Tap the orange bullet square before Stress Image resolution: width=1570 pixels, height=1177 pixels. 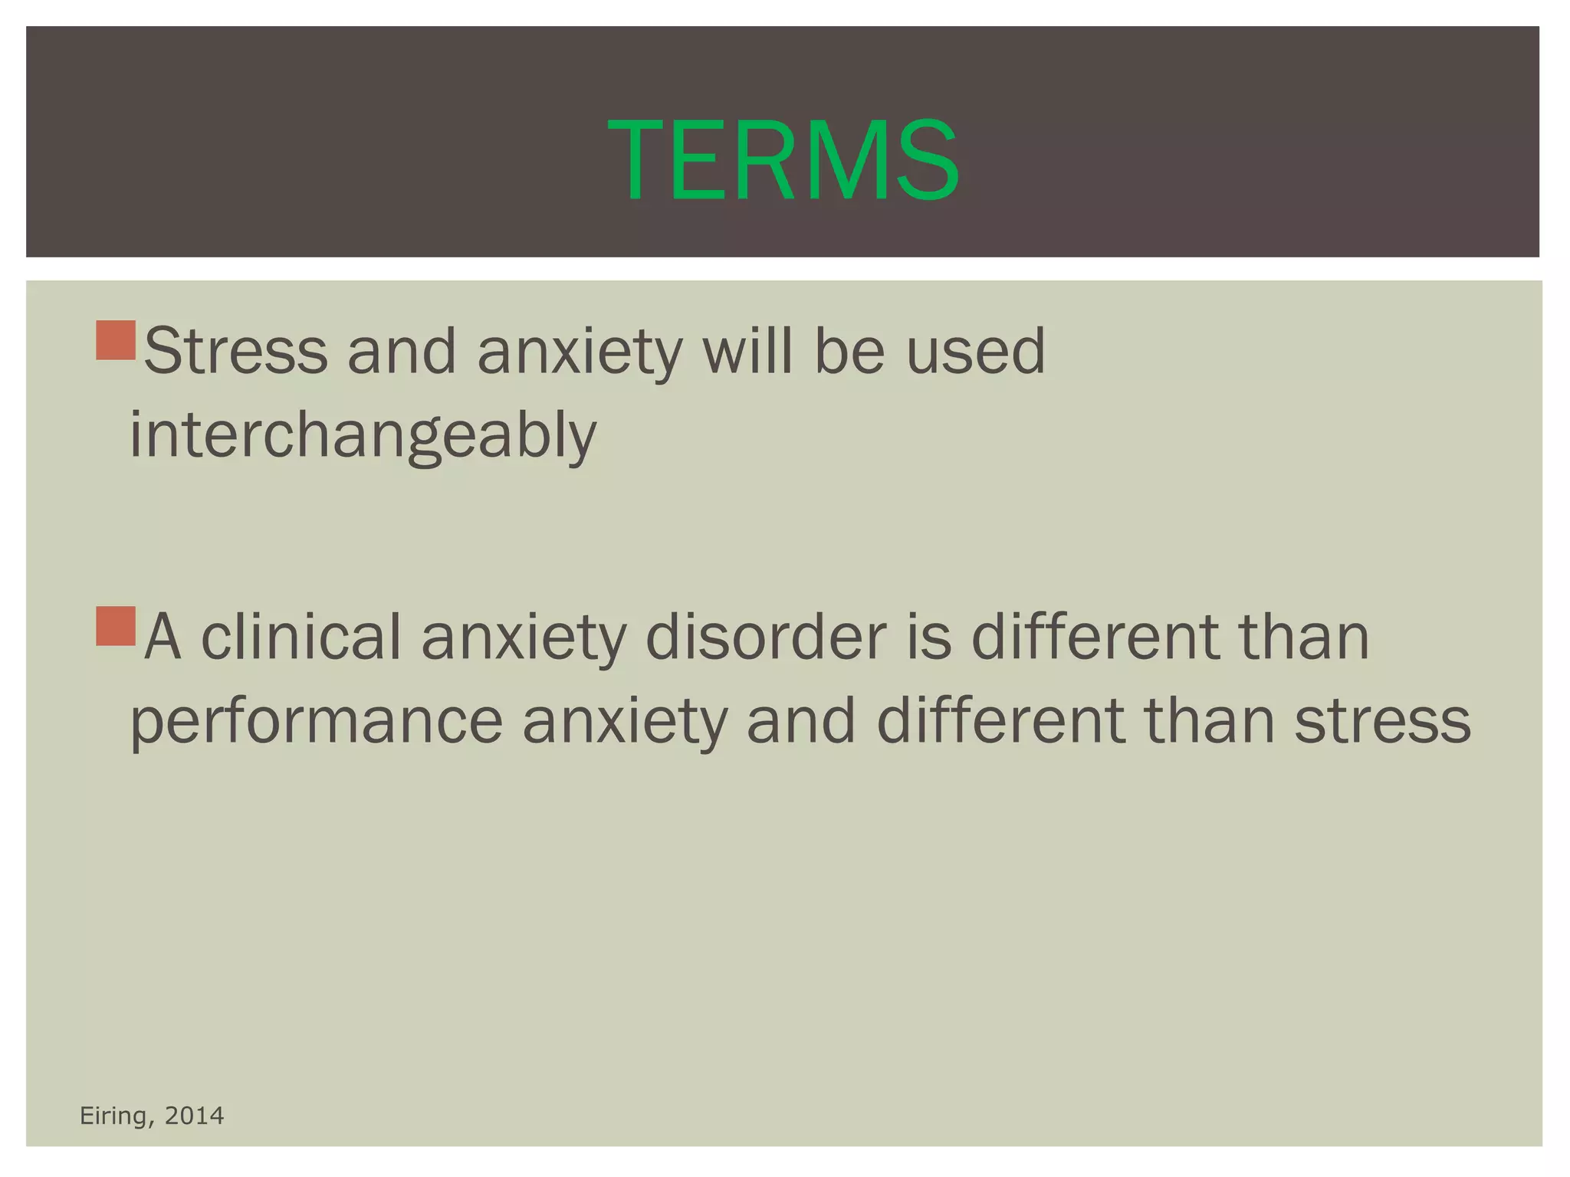tap(116, 341)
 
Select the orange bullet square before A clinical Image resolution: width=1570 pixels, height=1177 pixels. tap(116, 626)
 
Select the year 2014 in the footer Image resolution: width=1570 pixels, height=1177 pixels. tap(195, 1116)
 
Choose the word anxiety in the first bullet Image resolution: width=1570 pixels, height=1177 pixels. tap(579, 352)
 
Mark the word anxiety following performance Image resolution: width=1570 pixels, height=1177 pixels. tap(625, 723)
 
